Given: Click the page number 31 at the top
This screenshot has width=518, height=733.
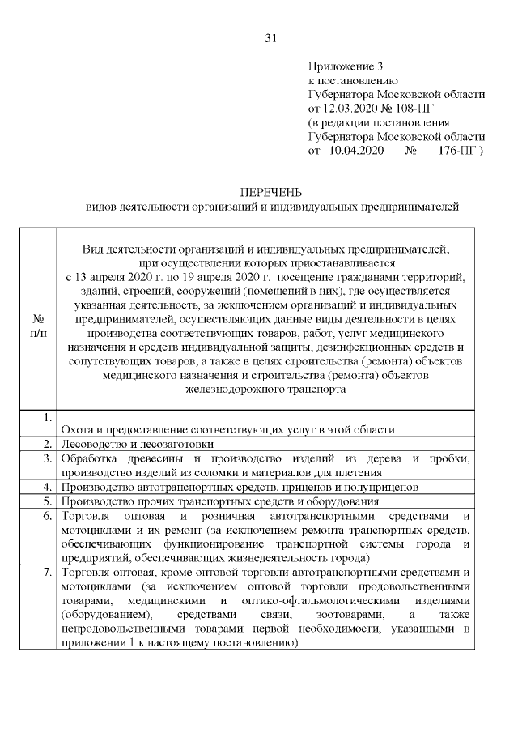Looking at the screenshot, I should [271, 38].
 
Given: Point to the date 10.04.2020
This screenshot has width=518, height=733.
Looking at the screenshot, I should [356, 151].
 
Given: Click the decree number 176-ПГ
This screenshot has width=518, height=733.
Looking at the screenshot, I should [459, 151].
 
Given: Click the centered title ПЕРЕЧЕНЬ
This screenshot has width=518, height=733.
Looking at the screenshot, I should [271, 192].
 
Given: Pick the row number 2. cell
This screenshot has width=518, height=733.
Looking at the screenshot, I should [48, 444].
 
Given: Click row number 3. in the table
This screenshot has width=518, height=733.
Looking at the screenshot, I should [48, 458].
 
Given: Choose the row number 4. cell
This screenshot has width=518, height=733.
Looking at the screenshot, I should [48, 488].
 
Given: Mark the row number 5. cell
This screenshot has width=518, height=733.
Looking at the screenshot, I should [48, 502].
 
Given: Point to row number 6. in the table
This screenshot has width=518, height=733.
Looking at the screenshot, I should [48, 517].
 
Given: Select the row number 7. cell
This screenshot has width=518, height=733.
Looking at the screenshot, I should [48, 573].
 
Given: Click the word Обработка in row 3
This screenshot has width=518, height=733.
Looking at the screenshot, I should [88, 458].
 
